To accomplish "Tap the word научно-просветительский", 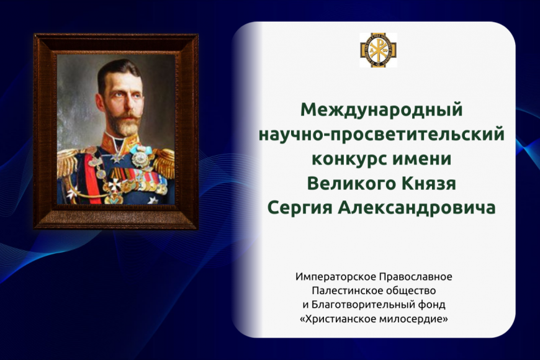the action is coord(382,134).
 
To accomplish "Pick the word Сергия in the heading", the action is coord(300,208).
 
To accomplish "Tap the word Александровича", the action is coord(416,208).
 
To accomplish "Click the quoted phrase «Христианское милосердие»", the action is coord(374,319).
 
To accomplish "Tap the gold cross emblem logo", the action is coord(378,50).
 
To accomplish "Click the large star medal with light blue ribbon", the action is coord(140,157).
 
